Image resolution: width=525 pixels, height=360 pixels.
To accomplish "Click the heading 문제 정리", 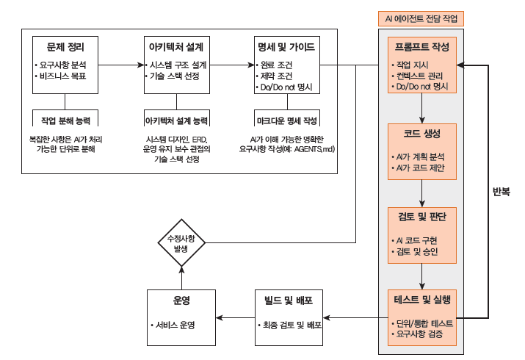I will point(64,47).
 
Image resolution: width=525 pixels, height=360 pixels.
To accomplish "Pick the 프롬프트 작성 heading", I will point(422,48).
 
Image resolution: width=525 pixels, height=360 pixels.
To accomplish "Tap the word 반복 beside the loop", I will point(502,193).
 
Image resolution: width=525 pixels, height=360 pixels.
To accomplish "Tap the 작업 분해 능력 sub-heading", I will point(65,119).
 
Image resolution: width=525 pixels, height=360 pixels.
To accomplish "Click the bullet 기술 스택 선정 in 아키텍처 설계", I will point(173,76).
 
